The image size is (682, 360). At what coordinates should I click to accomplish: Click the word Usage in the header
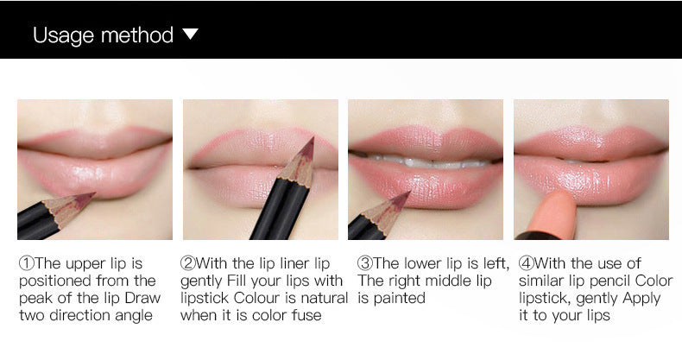tap(63, 35)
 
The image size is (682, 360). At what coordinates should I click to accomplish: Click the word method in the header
tap(137, 35)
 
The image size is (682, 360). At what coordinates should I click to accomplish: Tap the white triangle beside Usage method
tap(191, 35)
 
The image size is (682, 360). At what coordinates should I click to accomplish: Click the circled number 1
tap(25, 263)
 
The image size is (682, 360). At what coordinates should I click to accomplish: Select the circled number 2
tap(187, 263)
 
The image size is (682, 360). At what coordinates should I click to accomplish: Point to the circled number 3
tap(364, 263)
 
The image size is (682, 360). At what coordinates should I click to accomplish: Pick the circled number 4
tap(526, 263)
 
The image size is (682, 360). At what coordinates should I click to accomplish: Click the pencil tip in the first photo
tap(89, 199)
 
